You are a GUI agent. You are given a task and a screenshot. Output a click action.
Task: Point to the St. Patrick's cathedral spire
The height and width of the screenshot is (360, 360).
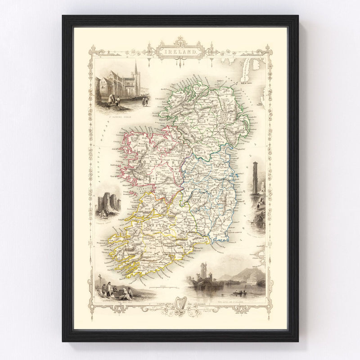point(135,72)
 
